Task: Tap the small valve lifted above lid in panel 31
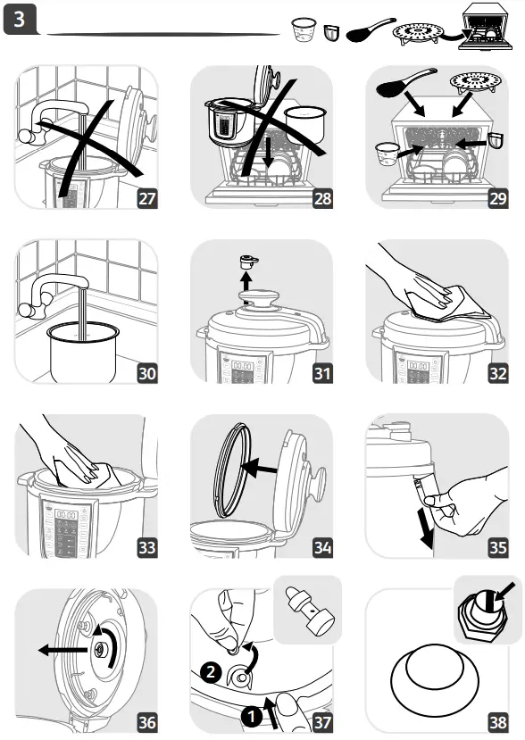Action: click(250, 262)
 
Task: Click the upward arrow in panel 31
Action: click(250, 284)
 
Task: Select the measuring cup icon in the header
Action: click(304, 31)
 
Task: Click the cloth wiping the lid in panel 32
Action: click(446, 300)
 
